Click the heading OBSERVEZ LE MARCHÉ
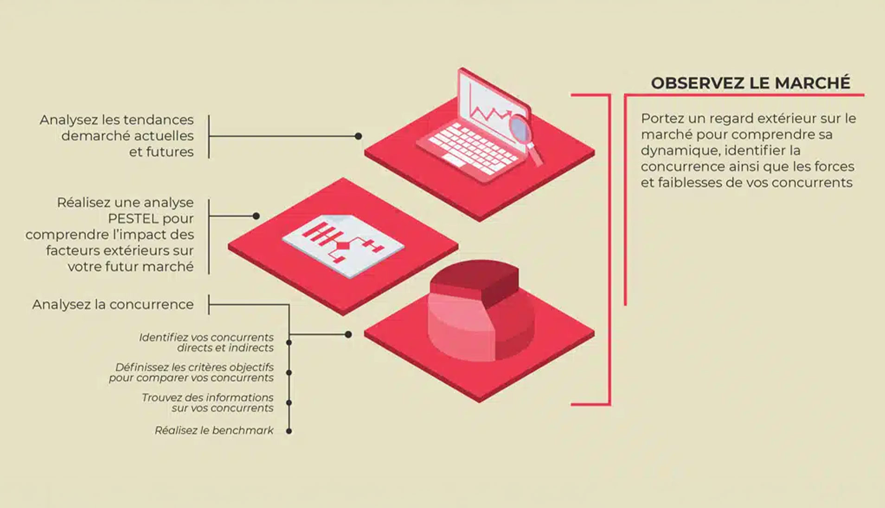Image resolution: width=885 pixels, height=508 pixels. (x=750, y=83)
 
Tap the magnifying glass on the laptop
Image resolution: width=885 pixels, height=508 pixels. (x=524, y=137)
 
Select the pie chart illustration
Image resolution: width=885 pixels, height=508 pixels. (x=480, y=310)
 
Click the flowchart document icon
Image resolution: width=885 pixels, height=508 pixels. (x=343, y=245)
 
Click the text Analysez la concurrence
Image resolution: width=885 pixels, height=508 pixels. (x=113, y=305)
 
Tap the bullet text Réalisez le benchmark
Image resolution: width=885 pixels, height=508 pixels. (x=214, y=431)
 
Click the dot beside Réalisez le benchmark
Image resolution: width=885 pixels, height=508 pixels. (x=289, y=431)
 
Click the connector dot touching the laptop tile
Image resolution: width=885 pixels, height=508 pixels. (x=358, y=136)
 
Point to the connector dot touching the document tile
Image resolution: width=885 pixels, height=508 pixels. (x=256, y=216)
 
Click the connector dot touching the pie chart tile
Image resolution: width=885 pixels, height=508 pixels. (x=348, y=335)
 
